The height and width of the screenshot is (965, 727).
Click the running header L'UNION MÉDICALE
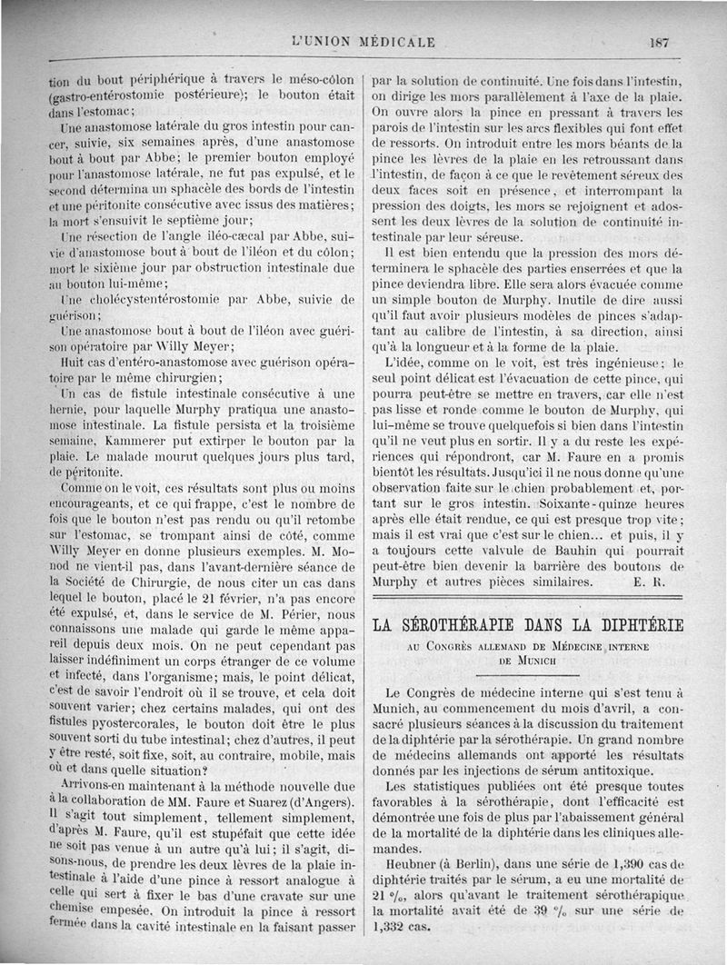tap(363, 42)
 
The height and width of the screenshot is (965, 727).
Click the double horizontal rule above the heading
tap(528, 597)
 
